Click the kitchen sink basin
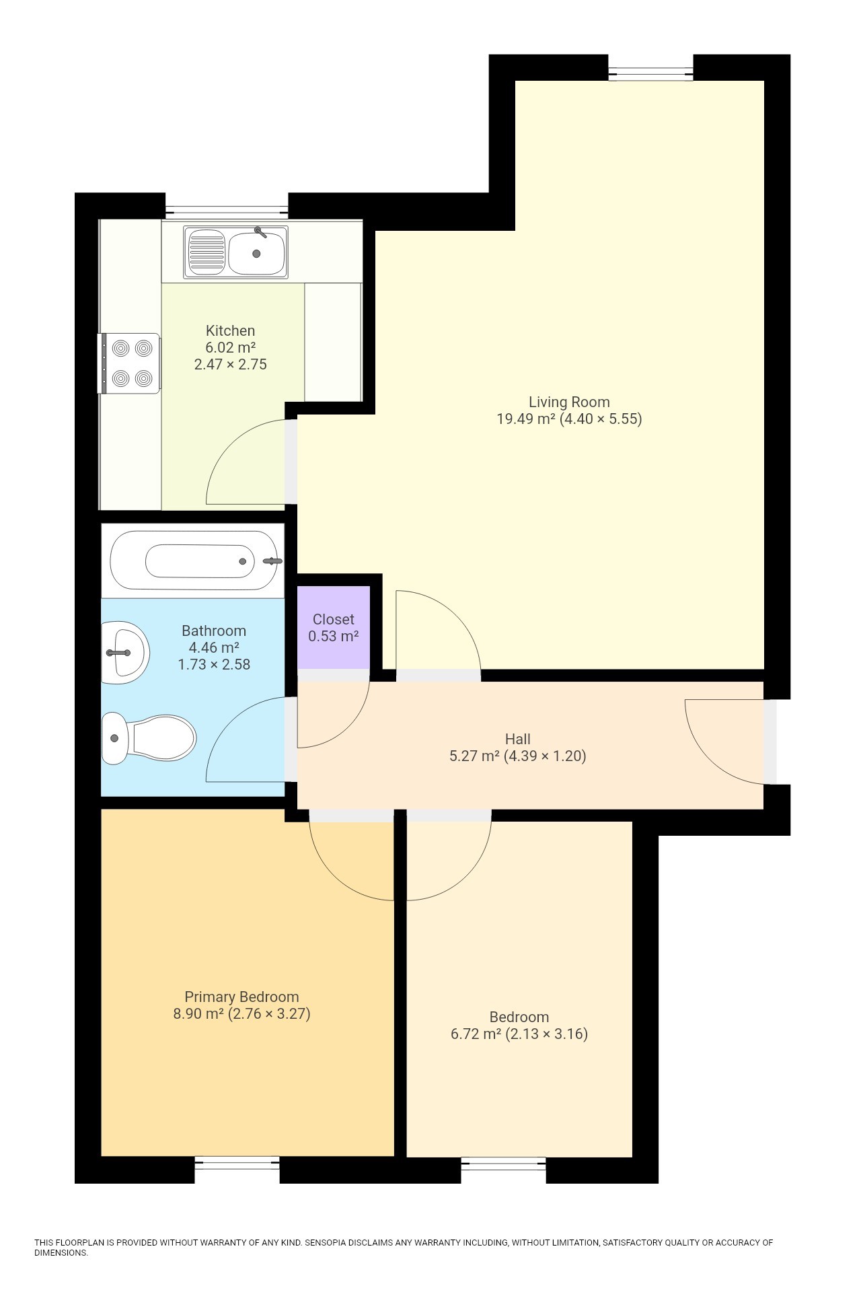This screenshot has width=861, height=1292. pos(256,253)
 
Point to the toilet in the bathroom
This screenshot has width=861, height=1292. pos(149,738)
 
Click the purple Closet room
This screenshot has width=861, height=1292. pos(334,627)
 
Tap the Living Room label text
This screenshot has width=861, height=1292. pos(569,402)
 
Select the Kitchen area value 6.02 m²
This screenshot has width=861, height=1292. pos(230,348)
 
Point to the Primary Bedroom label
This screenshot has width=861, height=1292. pos(241,997)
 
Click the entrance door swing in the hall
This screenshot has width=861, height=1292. pos(725,740)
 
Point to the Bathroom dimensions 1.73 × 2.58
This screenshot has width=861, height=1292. pos(213,664)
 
